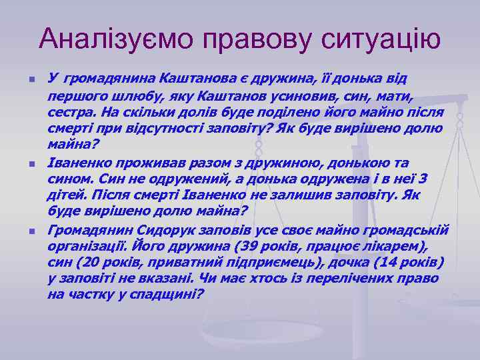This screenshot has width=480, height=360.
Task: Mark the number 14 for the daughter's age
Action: (379, 262)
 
